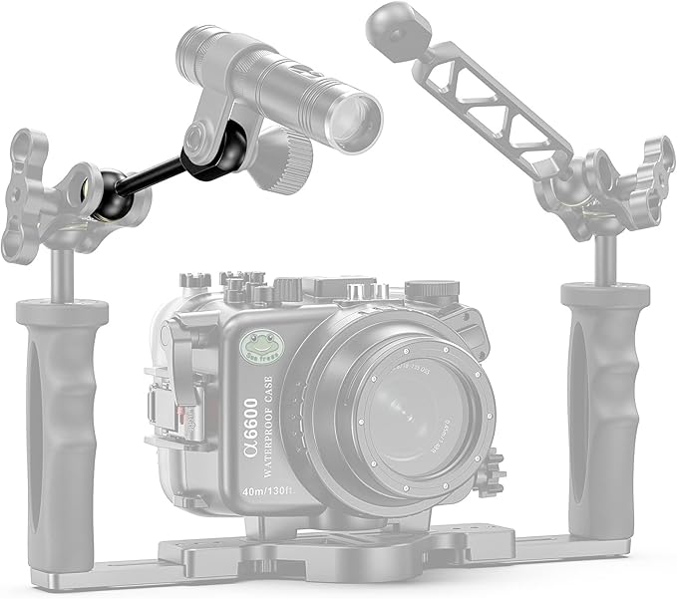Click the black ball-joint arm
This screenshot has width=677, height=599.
click(x=150, y=173)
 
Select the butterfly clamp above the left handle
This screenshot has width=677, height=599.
click(x=40, y=194)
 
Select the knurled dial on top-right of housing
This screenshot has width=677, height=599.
click(x=432, y=290)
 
